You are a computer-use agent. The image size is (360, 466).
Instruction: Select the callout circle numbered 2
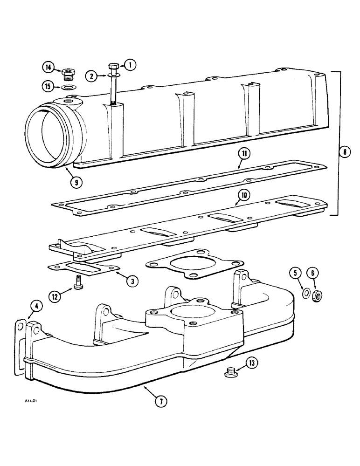tap(91, 75)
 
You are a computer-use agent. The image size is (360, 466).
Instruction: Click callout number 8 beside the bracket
tap(344, 151)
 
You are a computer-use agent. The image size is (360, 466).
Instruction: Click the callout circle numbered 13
tap(251, 363)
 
